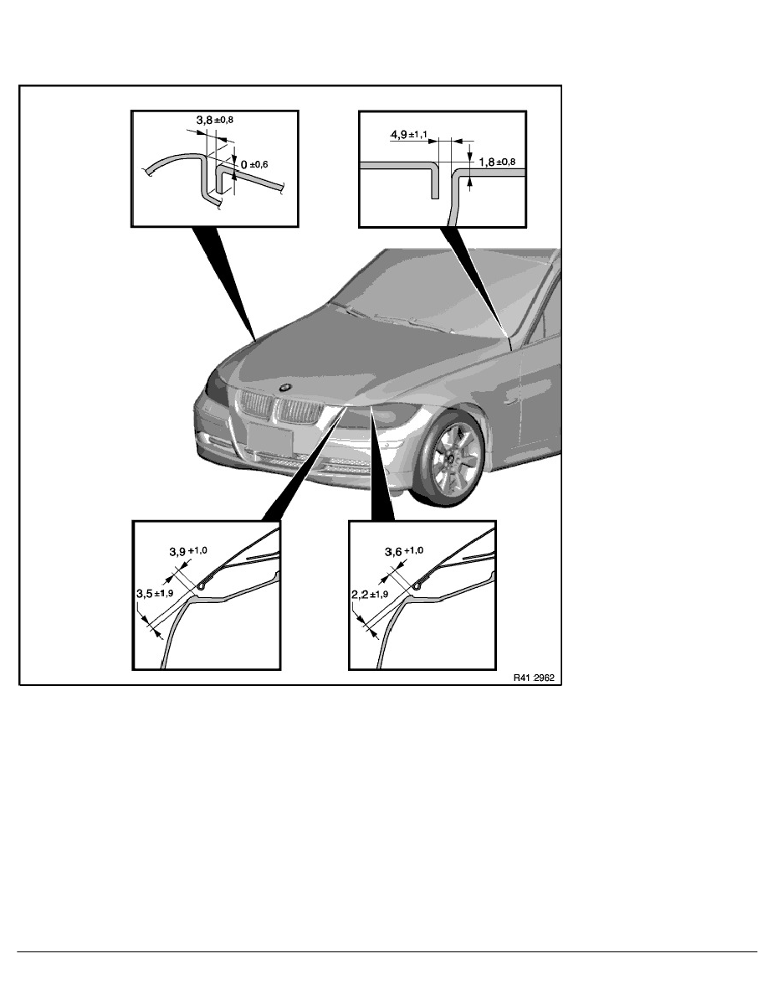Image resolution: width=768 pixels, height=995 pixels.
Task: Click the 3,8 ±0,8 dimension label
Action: pyautogui.click(x=215, y=119)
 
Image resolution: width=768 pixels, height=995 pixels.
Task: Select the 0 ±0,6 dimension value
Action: pyautogui.click(x=254, y=164)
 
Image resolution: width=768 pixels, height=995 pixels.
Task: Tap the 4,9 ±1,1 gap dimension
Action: pyautogui.click(x=409, y=135)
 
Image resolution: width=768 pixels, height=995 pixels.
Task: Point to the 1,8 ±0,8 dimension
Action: pyautogui.click(x=498, y=162)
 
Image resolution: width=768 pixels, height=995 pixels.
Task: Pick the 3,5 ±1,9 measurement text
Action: pyautogui.click(x=156, y=594)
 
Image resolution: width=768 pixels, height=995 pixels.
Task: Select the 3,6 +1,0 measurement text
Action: pyautogui.click(x=404, y=551)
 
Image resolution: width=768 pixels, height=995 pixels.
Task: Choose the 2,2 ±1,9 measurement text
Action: pyautogui.click(x=371, y=595)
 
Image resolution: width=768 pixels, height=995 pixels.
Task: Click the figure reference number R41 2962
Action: pyautogui.click(x=534, y=678)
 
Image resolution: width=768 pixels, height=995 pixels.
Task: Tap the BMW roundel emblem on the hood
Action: pyautogui.click(x=285, y=386)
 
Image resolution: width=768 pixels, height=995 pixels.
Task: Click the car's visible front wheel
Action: pyautogui.click(x=454, y=458)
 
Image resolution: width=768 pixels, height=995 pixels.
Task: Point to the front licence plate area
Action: pyautogui.click(x=270, y=438)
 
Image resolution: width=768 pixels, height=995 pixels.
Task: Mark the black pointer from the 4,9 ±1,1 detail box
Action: pyautogui.click(x=474, y=279)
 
